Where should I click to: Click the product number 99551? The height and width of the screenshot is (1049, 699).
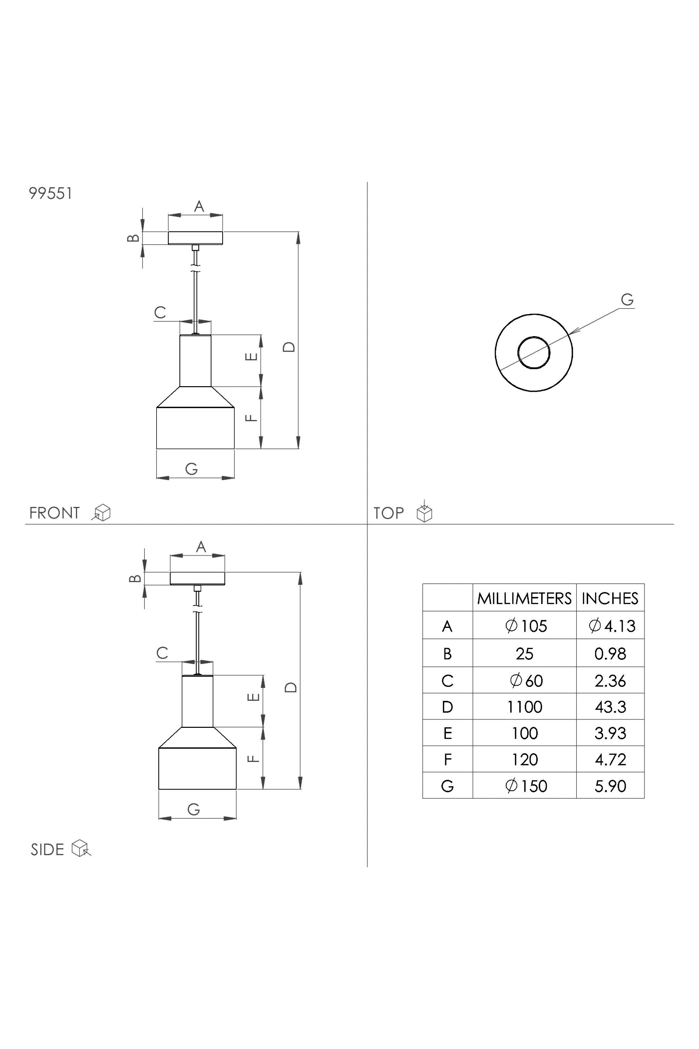(x=51, y=193)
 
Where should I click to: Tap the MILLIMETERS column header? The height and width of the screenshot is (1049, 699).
(x=524, y=598)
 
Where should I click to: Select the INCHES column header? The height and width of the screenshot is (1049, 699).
(x=610, y=598)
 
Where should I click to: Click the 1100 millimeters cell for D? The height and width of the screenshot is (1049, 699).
(x=525, y=707)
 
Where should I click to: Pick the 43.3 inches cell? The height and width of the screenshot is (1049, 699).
(x=611, y=707)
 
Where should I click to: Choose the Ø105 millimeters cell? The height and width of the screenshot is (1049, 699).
(x=526, y=626)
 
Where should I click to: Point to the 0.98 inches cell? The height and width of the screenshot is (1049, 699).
(x=610, y=653)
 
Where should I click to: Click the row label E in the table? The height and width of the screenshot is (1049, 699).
(x=447, y=733)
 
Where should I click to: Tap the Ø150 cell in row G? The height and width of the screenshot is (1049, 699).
(x=526, y=786)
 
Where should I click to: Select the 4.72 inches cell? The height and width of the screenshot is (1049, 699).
(x=611, y=760)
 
